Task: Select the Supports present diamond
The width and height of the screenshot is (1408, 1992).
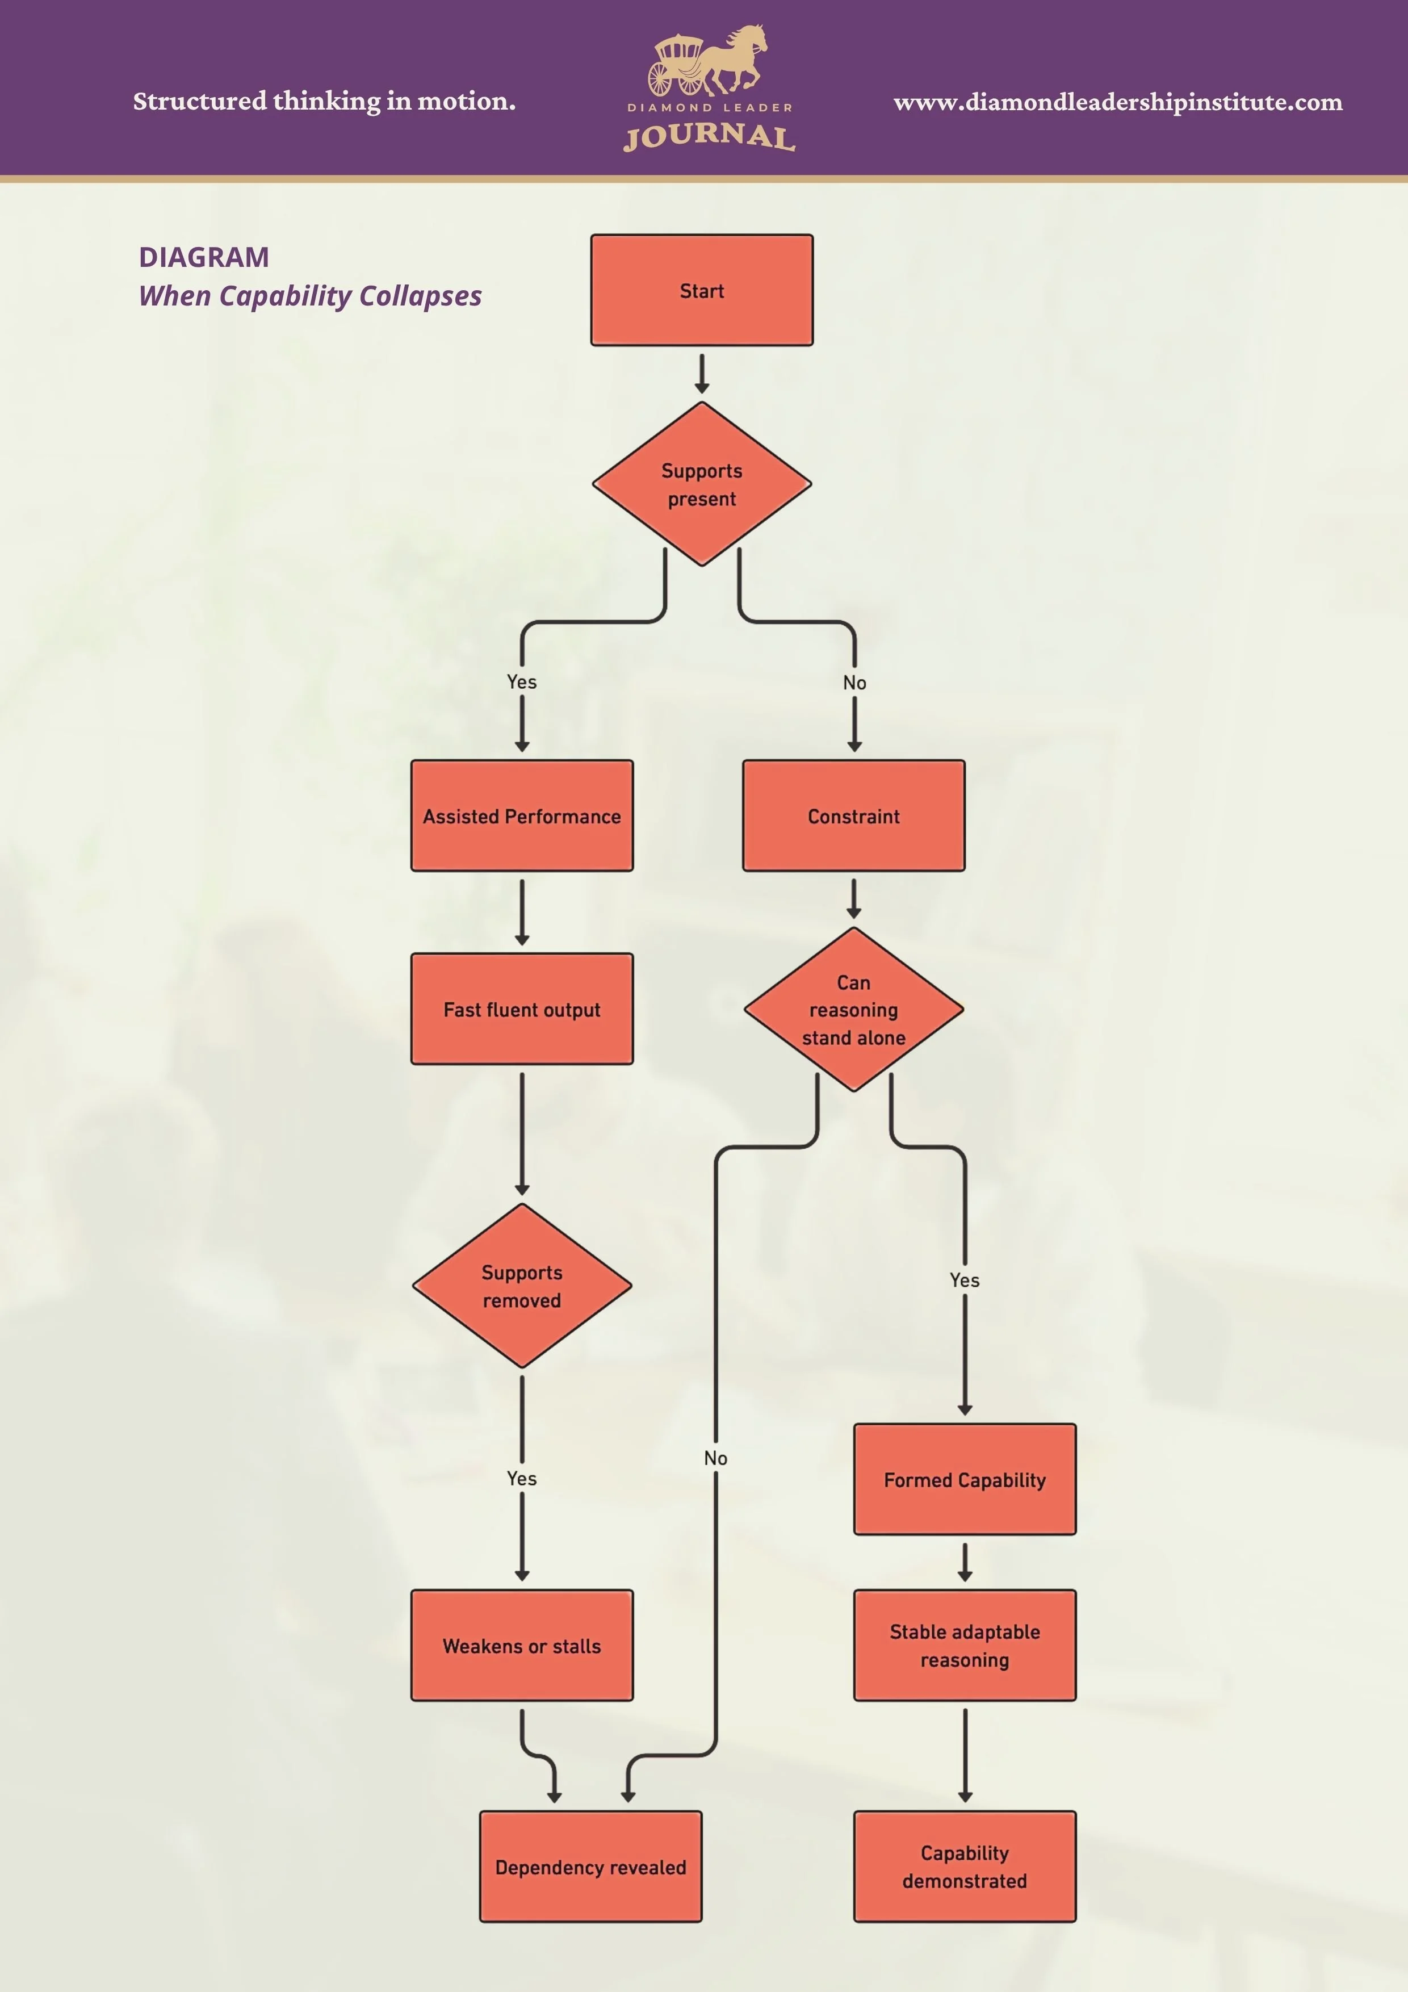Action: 701,484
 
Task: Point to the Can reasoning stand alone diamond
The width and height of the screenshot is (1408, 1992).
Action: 854,1009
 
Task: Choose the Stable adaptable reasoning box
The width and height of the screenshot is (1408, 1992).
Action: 965,1645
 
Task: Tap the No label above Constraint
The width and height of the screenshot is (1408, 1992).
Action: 854,683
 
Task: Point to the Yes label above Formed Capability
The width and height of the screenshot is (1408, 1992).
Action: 965,1280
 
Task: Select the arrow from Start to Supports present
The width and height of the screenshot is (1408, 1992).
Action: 702,373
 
